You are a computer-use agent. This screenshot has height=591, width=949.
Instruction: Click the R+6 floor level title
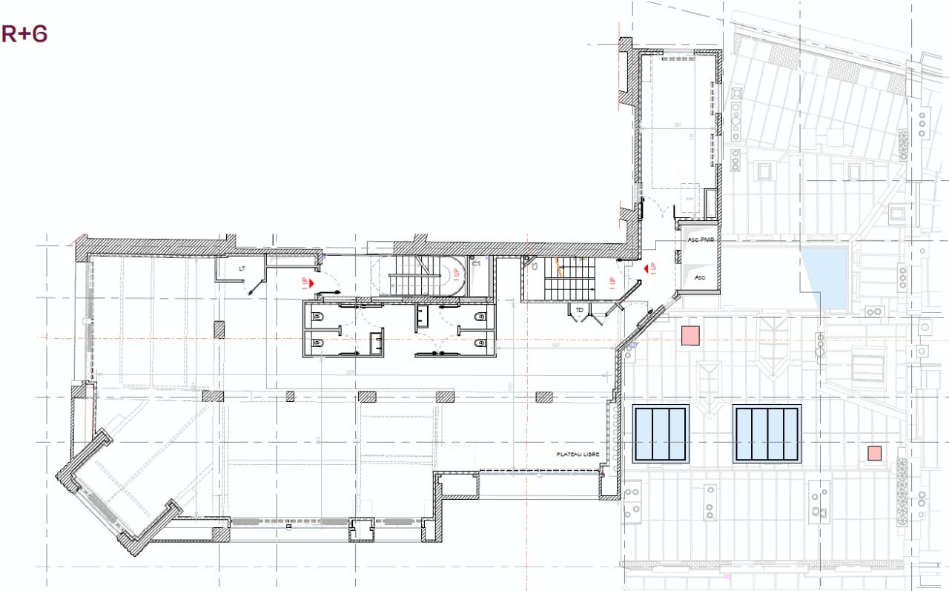point(24,33)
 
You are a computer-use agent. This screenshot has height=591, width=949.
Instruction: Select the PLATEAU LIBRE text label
point(577,454)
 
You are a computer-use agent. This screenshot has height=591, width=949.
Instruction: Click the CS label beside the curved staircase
point(476,263)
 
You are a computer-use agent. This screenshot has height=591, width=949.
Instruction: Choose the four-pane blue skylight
point(767,433)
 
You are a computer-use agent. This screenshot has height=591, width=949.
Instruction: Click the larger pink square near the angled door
point(691,335)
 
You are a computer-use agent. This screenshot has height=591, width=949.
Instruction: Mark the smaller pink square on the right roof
point(875,452)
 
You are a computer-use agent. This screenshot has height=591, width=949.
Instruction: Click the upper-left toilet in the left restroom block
point(317,317)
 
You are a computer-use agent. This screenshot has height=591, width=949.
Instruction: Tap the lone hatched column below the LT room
point(219,329)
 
